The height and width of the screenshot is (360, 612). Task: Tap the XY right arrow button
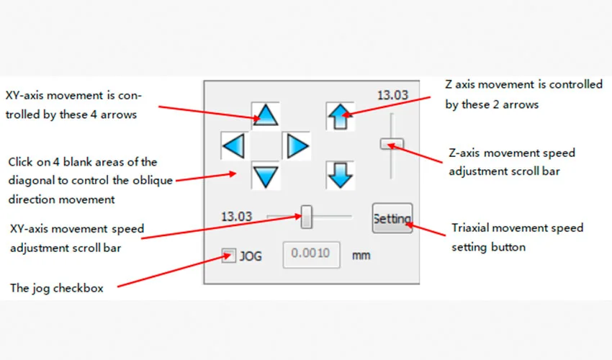[296, 146]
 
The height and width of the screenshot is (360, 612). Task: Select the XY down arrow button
[266, 176]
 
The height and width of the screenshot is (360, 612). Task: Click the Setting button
[392, 218]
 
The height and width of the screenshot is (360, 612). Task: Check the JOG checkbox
[229, 255]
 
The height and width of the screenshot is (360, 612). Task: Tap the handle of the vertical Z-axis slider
[392, 144]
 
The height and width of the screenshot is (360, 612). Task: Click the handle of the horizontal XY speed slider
[307, 216]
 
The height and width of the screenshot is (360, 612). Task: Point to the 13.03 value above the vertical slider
[392, 94]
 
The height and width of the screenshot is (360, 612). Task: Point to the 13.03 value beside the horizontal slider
[236, 216]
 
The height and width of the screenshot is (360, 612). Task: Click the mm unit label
[361, 255]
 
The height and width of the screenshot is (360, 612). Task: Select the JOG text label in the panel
[251, 255]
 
